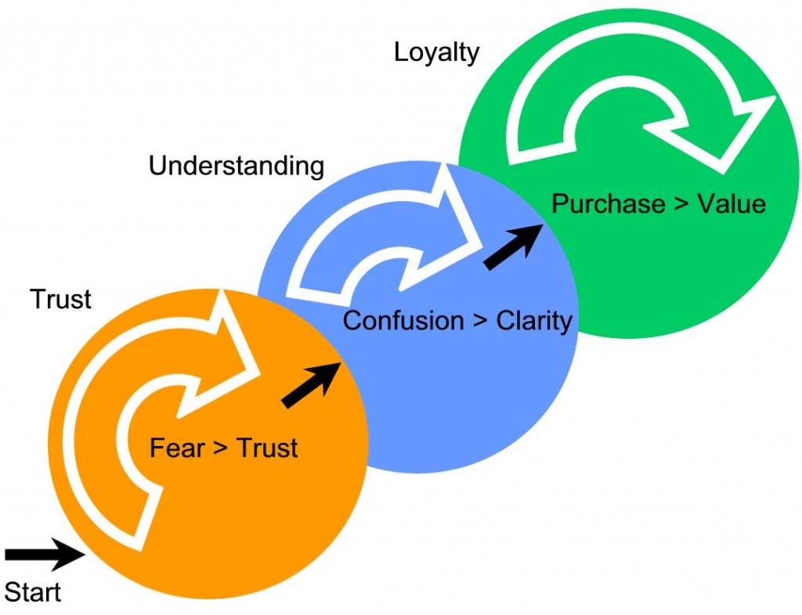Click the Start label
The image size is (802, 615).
(x=33, y=591)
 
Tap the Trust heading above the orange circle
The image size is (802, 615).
(x=60, y=299)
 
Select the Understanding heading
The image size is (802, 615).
(x=236, y=166)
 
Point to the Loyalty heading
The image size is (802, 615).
(x=436, y=52)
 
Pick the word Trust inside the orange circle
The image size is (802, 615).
(x=267, y=448)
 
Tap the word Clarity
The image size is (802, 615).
(x=534, y=321)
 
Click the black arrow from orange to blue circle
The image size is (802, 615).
(x=311, y=385)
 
